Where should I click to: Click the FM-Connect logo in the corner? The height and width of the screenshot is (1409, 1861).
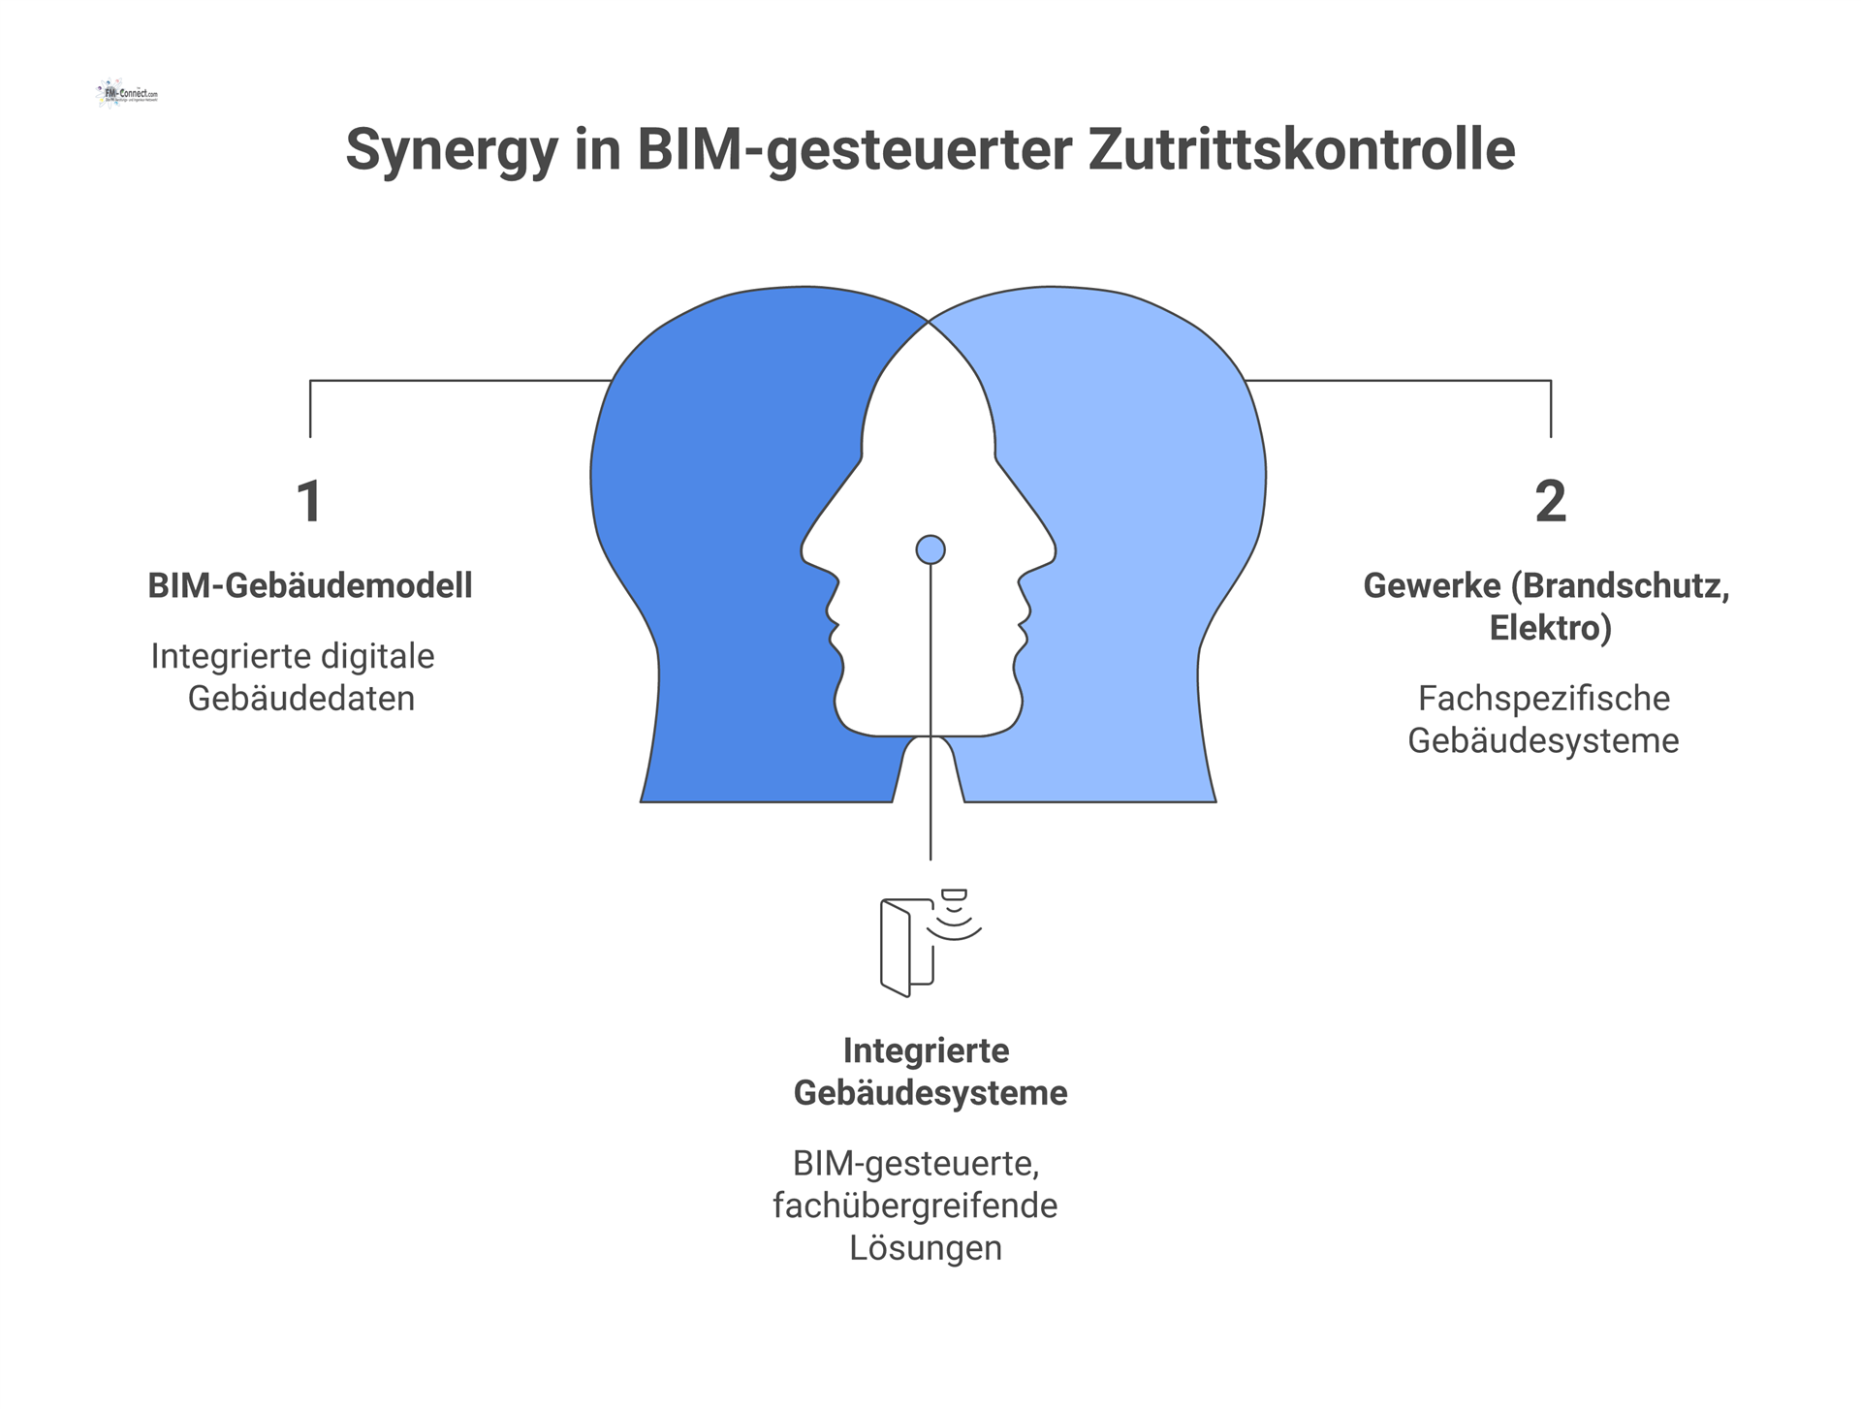pos(127,94)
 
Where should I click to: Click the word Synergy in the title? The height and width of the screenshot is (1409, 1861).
pos(452,150)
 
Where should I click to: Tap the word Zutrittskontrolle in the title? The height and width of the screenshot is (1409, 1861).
pos(1301,150)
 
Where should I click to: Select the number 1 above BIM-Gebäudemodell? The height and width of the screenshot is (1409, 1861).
pos(309,502)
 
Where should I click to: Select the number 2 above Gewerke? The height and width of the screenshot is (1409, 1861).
pos(1550,502)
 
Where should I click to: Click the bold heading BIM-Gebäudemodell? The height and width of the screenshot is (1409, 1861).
pos(310,585)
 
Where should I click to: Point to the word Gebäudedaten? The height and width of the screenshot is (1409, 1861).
pos(300,698)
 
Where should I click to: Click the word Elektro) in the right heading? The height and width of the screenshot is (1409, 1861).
pos(1550,628)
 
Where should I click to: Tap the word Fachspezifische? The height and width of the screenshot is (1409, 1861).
pos(1543,698)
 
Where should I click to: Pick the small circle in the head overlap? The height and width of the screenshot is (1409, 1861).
pos(930,549)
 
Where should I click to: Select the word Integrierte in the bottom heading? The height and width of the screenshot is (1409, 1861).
pos(926,1050)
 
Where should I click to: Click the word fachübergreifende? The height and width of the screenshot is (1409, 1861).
pos(915,1205)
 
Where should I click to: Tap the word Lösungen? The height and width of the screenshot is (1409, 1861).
pos(926,1247)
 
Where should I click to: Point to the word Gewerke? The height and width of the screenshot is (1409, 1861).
pos(1432,585)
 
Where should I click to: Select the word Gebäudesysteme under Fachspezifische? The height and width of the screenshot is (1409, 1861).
pos(1543,740)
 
